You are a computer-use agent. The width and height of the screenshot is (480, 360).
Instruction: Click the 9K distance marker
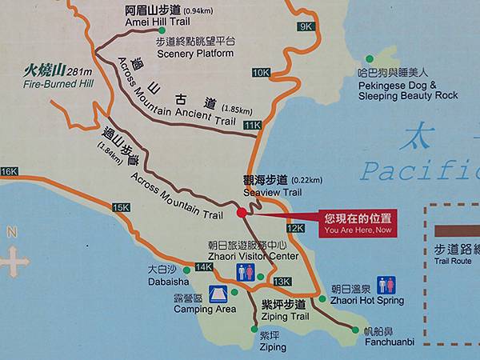305,26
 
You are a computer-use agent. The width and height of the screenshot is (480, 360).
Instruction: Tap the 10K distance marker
261,73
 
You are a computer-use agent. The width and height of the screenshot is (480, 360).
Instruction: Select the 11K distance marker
253,126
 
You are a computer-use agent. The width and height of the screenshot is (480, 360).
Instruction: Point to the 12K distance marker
295,229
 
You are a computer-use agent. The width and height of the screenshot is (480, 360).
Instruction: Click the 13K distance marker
282,282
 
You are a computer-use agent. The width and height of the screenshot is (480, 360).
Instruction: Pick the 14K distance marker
203,267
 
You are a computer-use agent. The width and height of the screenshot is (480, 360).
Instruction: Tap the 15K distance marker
121,207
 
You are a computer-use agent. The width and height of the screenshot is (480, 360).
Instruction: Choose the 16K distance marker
9,172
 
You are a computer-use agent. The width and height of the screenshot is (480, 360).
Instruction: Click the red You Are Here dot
242,213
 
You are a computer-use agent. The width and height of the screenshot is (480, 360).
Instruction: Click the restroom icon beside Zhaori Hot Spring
386,285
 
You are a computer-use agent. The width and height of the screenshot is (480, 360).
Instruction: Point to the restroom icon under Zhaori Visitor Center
246,272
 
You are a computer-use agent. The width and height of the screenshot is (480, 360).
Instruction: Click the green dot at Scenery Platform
162,30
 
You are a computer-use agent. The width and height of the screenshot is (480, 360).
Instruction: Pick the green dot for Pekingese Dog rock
370,58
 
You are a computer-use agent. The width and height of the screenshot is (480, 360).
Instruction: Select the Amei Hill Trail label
170,16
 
